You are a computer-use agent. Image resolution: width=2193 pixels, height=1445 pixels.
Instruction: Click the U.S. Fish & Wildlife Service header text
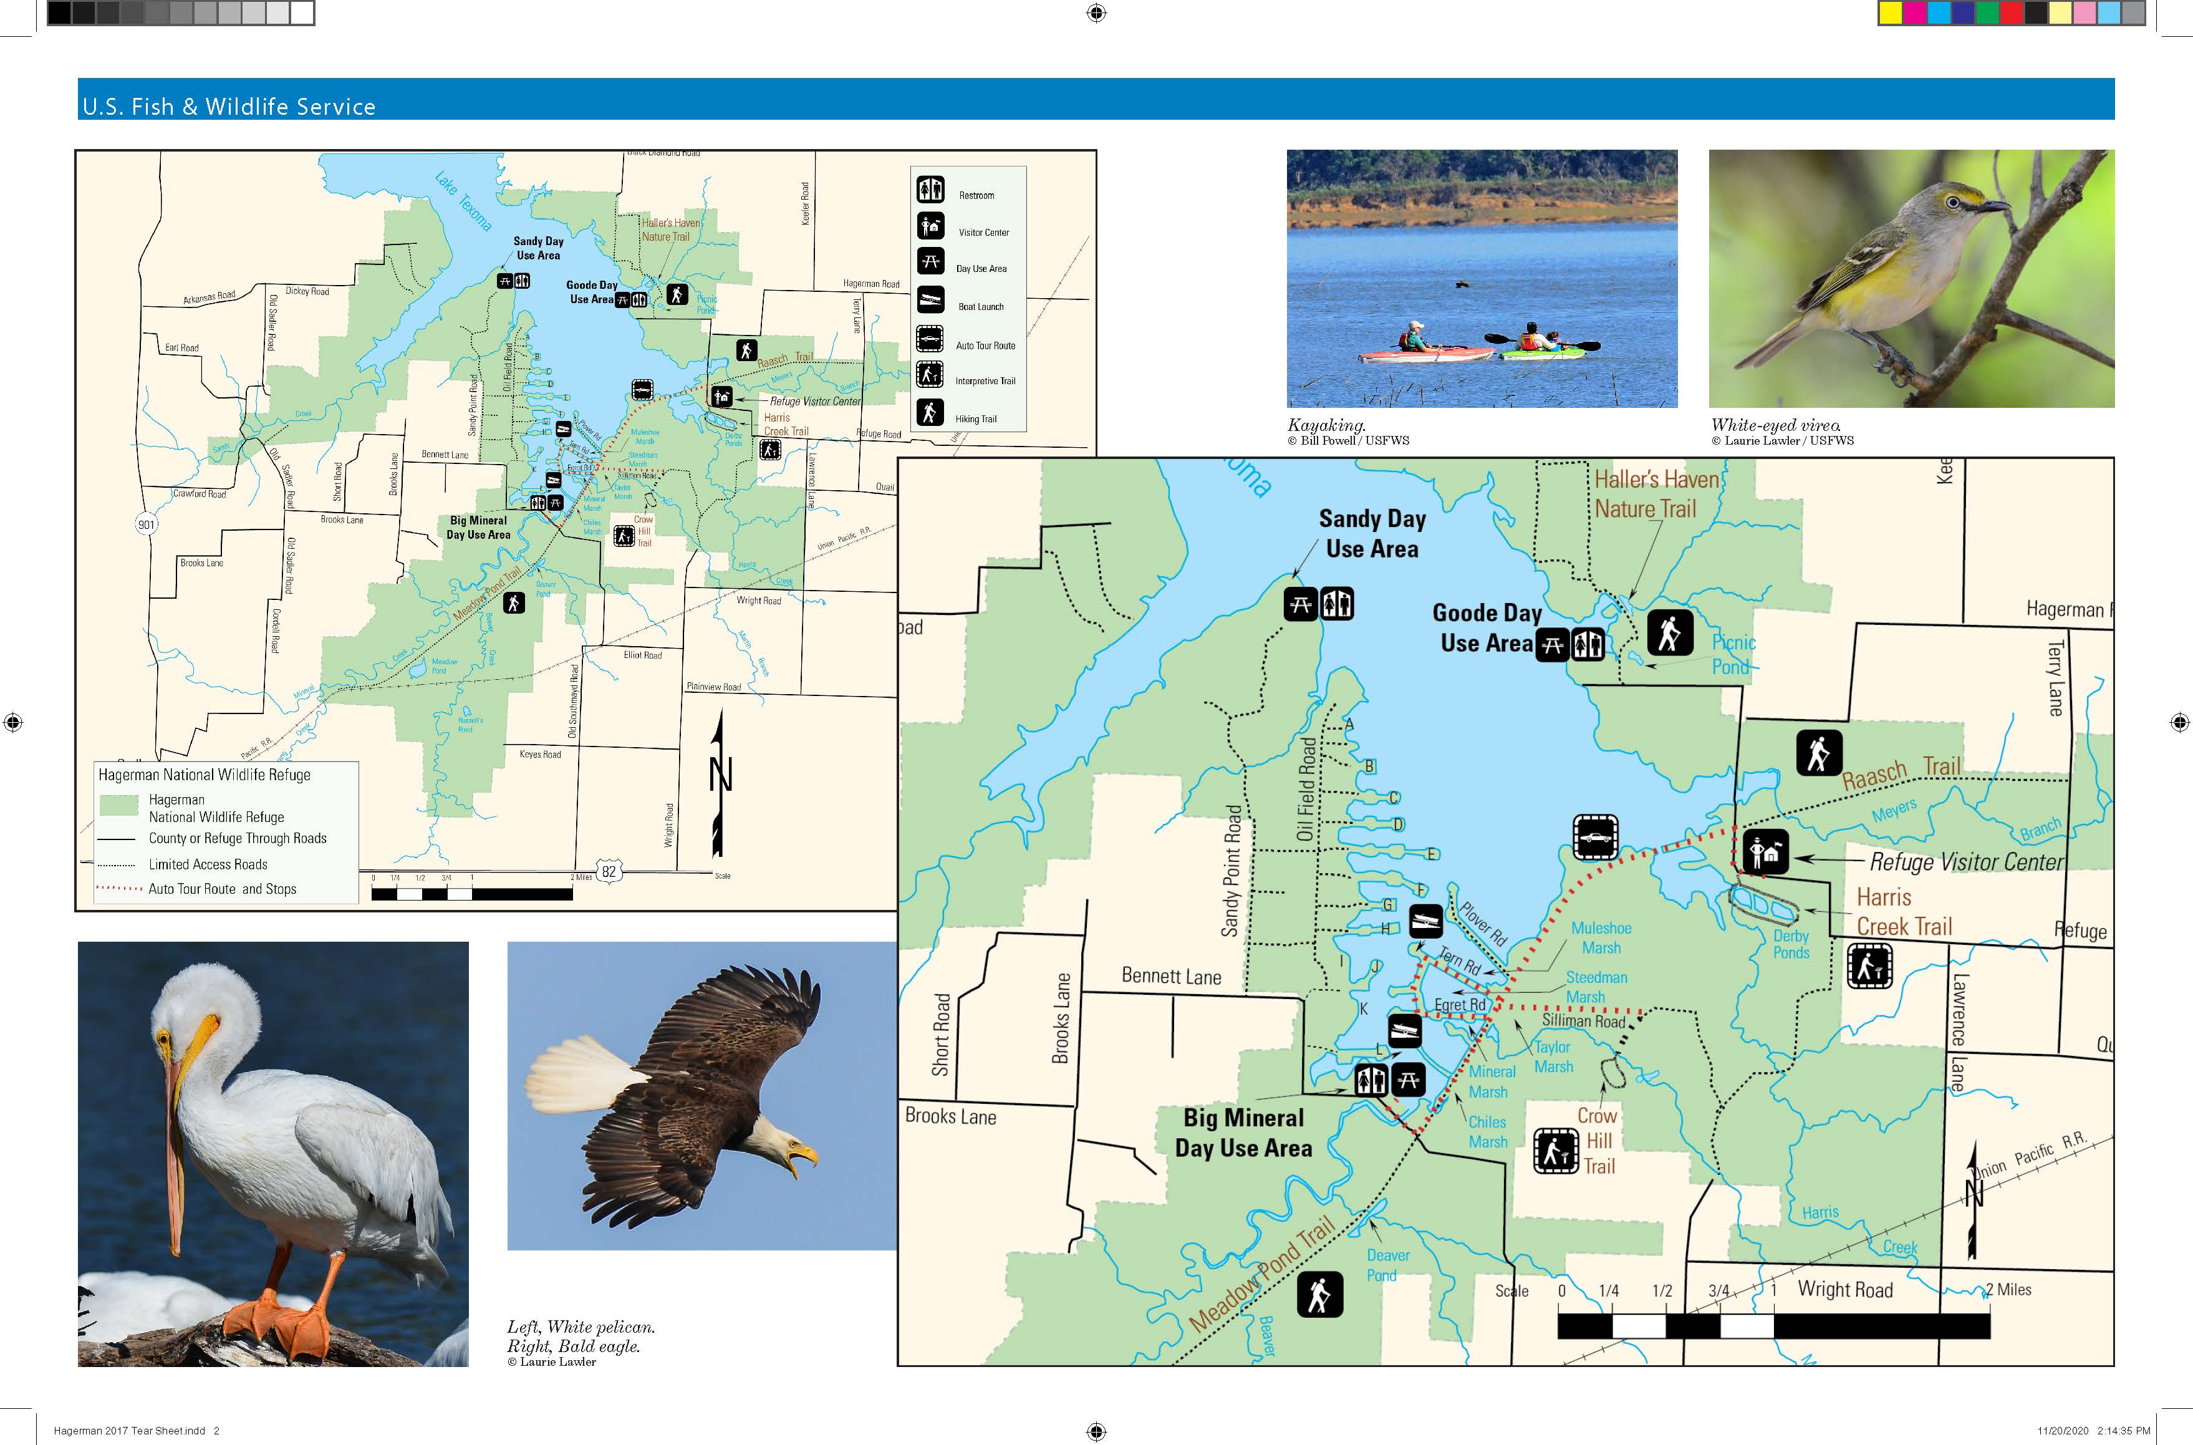(x=228, y=106)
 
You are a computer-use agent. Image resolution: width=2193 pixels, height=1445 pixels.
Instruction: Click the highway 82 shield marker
(x=608, y=871)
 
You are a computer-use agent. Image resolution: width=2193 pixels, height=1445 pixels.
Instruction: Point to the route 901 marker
(x=147, y=524)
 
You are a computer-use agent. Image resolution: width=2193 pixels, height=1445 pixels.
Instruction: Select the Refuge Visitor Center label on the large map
(x=1965, y=862)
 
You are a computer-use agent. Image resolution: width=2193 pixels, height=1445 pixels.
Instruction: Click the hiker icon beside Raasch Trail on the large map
(x=1818, y=753)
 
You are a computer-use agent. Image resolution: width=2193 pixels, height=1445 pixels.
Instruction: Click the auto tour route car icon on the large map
(x=1596, y=838)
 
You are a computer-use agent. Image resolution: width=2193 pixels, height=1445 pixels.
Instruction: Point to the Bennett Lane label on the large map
(x=1170, y=976)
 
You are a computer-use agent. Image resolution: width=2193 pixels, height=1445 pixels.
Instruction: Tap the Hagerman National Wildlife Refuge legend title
(x=205, y=775)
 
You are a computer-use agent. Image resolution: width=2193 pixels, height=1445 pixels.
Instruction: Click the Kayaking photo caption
(x=1325, y=425)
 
